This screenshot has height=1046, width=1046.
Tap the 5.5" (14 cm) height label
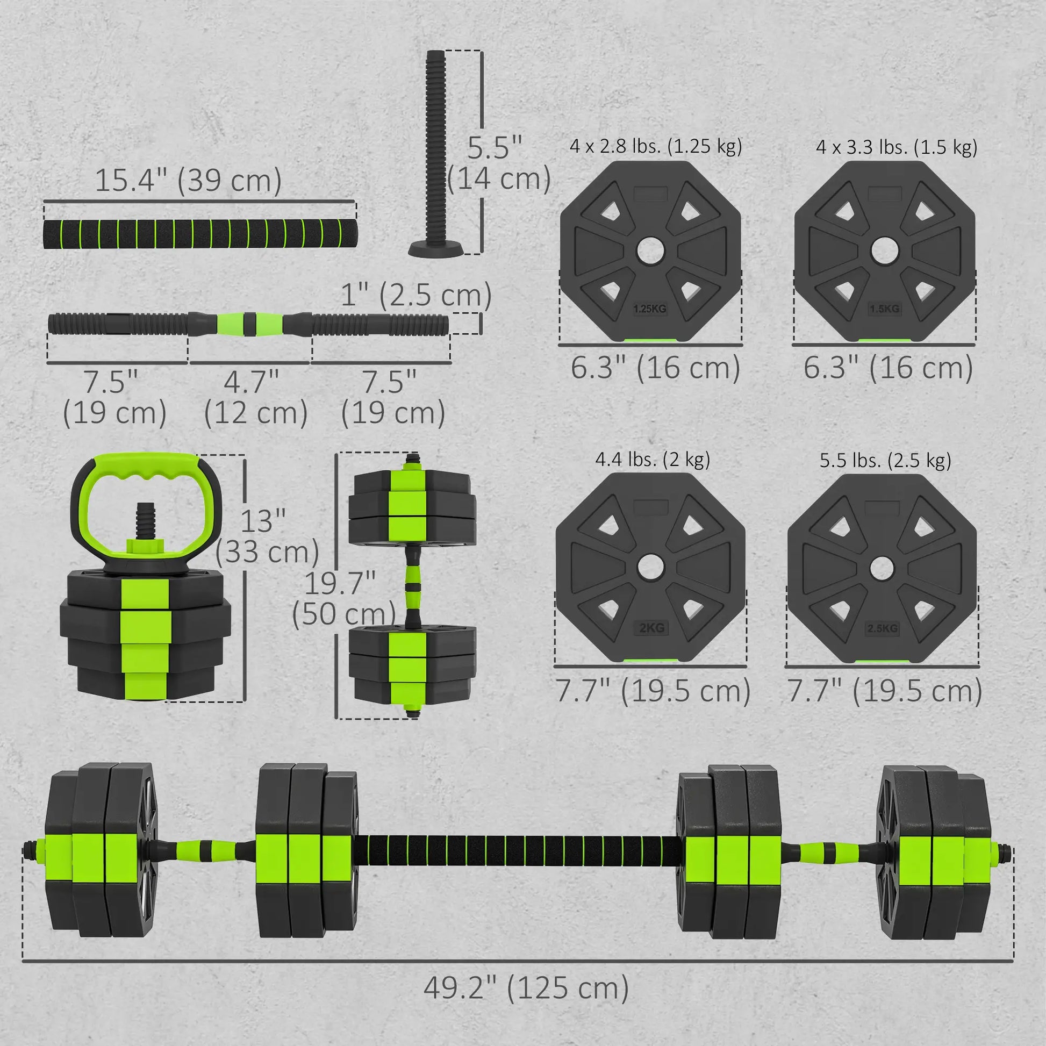[x=498, y=163]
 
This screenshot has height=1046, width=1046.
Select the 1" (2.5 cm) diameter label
[x=416, y=295]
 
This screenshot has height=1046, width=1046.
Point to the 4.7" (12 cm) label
[x=255, y=397]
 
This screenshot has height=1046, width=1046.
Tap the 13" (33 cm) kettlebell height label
[x=267, y=536]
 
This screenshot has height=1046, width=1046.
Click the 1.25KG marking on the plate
[x=650, y=309]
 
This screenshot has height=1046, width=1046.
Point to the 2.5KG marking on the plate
[x=883, y=628]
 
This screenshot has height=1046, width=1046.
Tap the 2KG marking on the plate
[x=651, y=628]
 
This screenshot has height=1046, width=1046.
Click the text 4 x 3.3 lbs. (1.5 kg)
[x=896, y=147]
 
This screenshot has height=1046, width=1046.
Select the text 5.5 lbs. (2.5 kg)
[x=885, y=460]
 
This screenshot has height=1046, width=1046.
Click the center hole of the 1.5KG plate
[x=885, y=251]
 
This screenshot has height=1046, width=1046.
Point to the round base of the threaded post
[x=436, y=249]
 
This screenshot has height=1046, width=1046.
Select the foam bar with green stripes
[x=200, y=234]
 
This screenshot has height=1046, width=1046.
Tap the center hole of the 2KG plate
[x=650, y=567]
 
